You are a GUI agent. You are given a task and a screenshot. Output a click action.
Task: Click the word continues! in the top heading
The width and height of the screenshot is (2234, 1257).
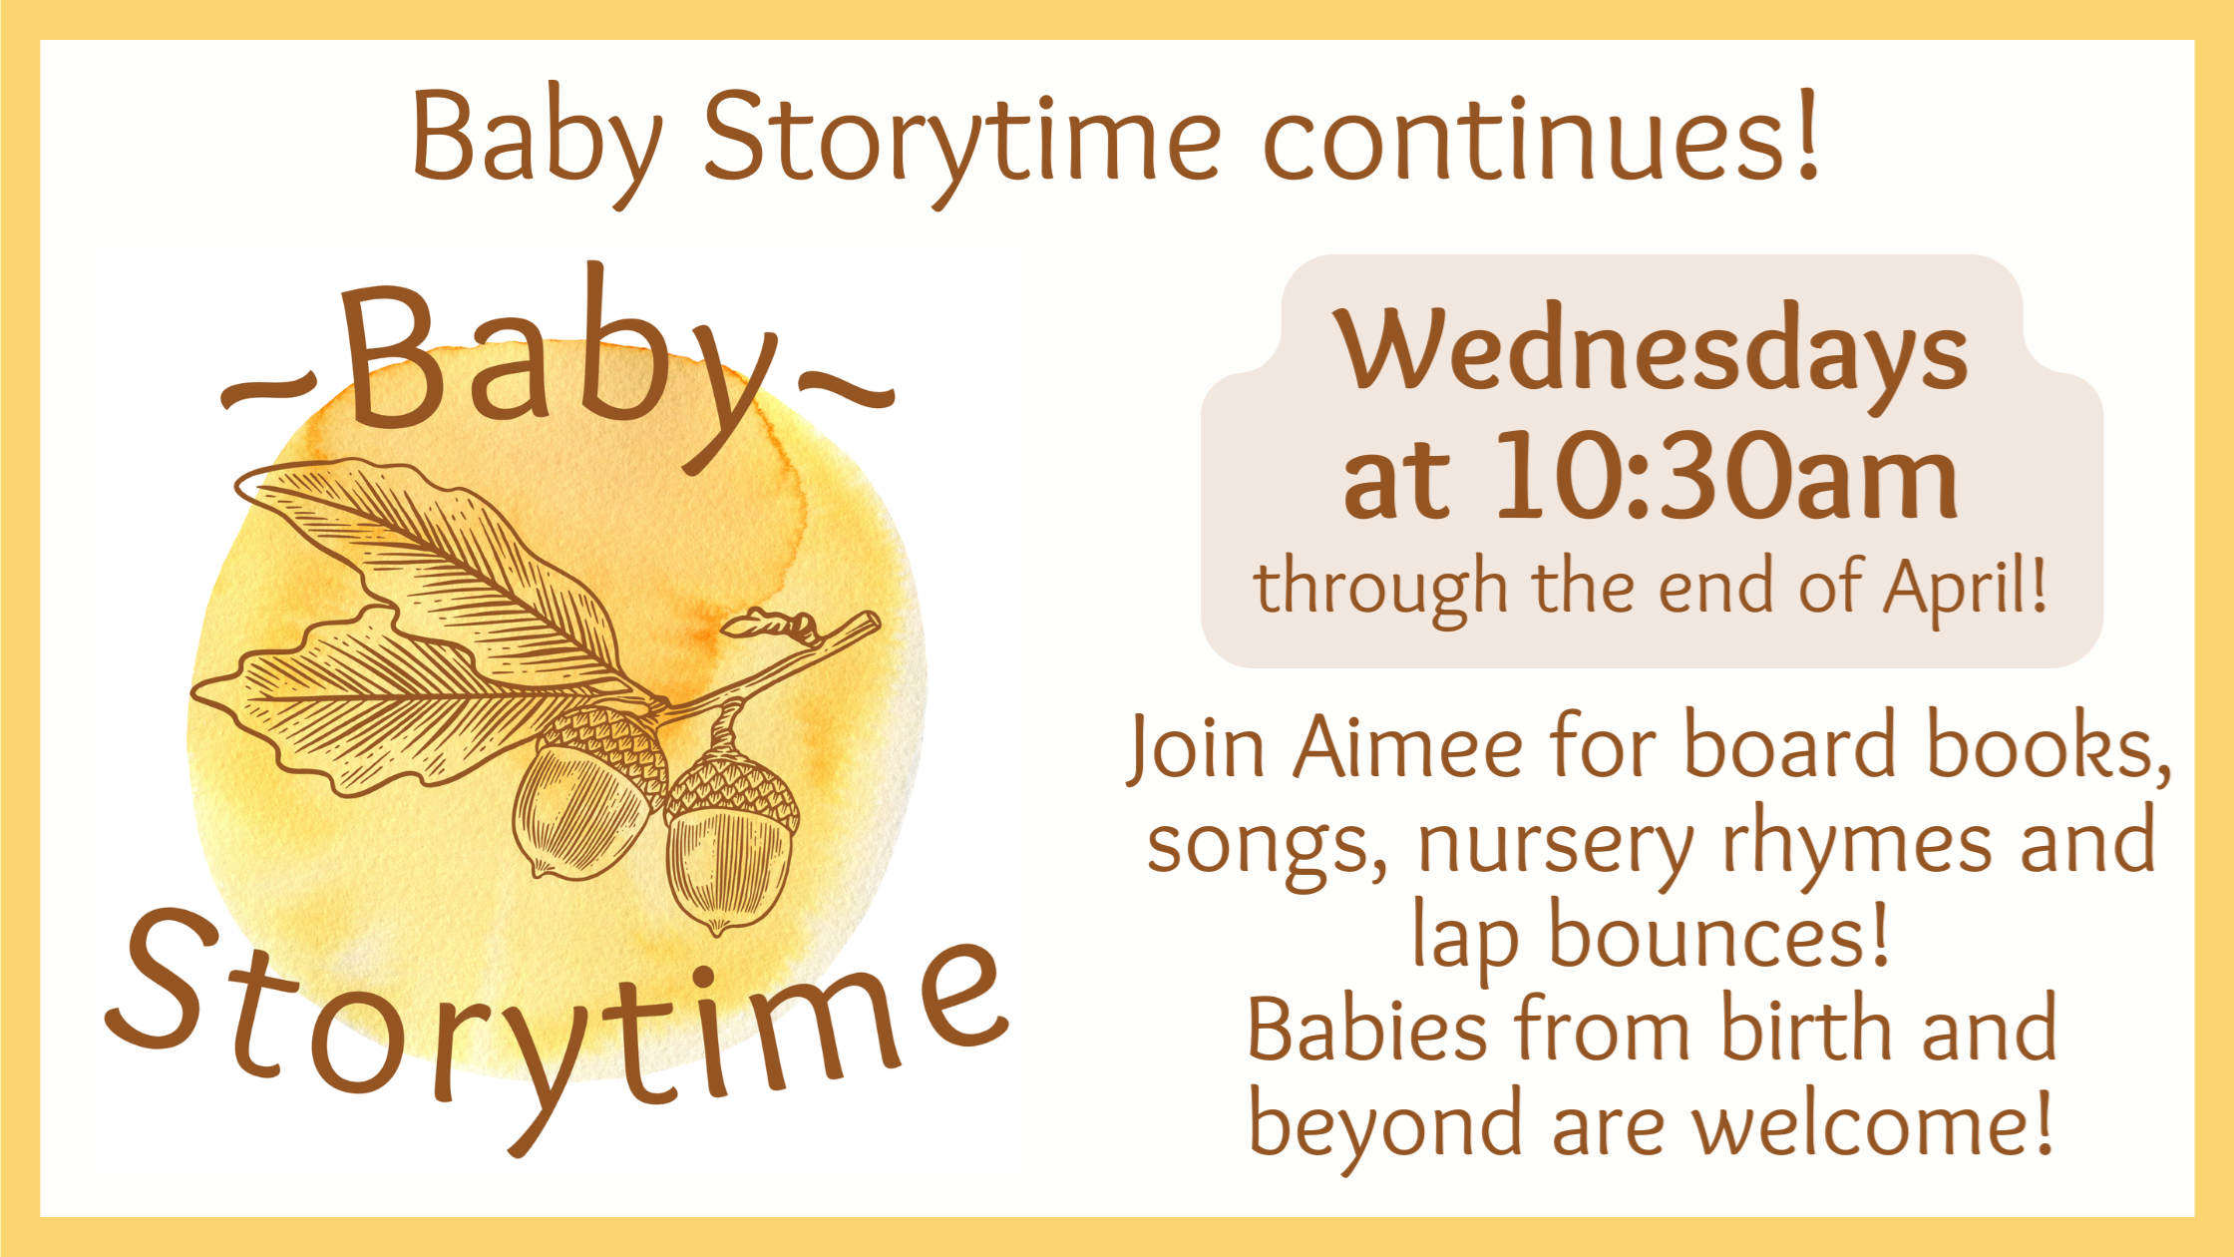pyautogui.click(x=1542, y=137)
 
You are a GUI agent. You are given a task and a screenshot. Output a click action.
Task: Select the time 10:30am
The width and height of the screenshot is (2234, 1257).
pyautogui.click(x=1726, y=476)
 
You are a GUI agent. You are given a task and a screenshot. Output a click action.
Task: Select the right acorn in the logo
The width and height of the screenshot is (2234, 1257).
pyautogui.click(x=731, y=843)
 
